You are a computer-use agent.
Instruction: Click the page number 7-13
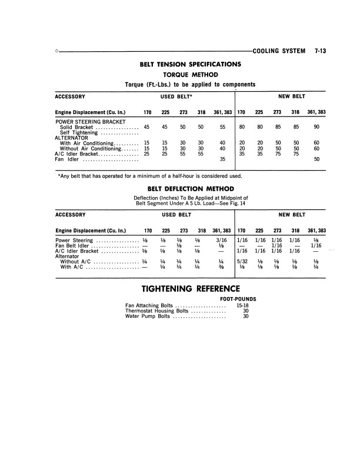pos(320,51)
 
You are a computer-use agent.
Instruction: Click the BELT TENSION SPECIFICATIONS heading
pos(189,64)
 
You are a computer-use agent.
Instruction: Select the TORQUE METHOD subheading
pos(189,74)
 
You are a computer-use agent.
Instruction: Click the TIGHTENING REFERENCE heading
pos(191,289)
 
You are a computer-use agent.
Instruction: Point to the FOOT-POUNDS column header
pos(241,299)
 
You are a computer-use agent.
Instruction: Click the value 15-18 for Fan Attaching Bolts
pos(241,305)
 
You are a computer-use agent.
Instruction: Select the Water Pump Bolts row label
pos(148,317)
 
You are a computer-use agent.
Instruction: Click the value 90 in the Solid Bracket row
pos(316,127)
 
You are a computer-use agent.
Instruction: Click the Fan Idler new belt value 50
pos(316,159)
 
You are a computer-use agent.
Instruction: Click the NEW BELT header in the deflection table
pos(292,215)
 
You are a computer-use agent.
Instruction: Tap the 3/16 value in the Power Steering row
pos(221,240)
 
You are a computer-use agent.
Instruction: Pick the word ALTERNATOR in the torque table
pos(72,138)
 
